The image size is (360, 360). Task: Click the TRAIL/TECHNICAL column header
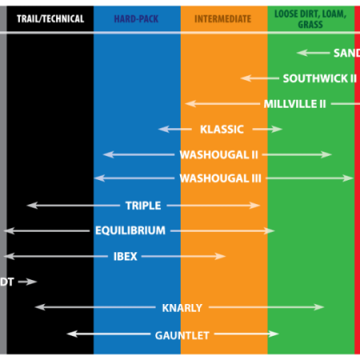(x=50, y=19)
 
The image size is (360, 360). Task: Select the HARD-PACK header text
(x=136, y=19)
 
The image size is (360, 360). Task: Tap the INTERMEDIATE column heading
(x=223, y=19)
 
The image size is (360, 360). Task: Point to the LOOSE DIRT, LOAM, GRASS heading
(x=310, y=19)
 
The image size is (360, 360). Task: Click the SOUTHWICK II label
(x=320, y=78)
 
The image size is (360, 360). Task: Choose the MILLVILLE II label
(x=295, y=104)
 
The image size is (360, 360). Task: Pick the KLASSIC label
(x=222, y=130)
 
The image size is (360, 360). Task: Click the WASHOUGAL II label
(x=219, y=154)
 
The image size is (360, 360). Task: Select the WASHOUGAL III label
(x=221, y=178)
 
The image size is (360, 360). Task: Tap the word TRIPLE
(x=143, y=206)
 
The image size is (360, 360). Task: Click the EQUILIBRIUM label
(x=130, y=230)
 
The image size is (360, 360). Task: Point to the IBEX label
(x=126, y=257)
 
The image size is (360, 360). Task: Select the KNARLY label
(x=182, y=308)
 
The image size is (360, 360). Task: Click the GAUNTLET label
(x=182, y=335)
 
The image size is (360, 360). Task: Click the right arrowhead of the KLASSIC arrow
(x=278, y=130)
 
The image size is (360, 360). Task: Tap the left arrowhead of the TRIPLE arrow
(x=32, y=206)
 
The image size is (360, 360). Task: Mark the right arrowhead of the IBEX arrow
(x=220, y=256)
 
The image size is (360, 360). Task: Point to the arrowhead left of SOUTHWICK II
(x=246, y=78)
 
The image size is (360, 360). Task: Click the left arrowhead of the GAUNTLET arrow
(x=72, y=334)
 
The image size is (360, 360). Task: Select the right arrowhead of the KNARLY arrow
(x=318, y=307)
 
